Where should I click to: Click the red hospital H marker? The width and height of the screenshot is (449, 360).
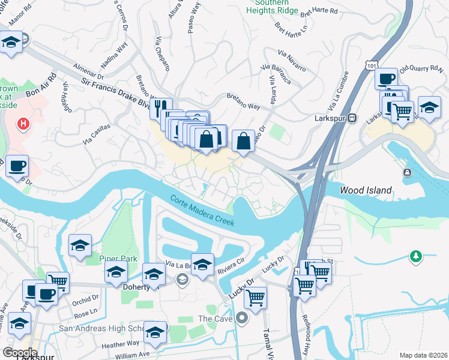23,124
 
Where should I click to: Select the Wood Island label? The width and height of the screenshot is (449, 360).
366,190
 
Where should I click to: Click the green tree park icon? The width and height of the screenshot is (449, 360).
415,257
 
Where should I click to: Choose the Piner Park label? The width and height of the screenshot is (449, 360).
118,259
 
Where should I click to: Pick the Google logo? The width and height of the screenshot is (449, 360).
20,352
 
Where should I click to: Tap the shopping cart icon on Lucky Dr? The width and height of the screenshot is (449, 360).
256,297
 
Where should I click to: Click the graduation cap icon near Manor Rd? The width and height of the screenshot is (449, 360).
11,44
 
